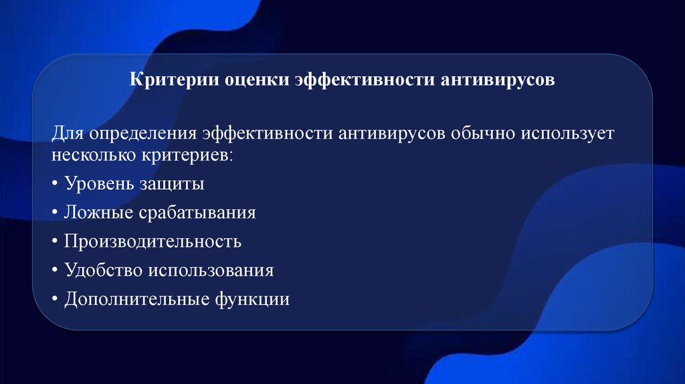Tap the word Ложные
(99, 213)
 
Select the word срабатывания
(197, 213)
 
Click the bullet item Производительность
(153, 241)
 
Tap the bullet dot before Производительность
(54, 242)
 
